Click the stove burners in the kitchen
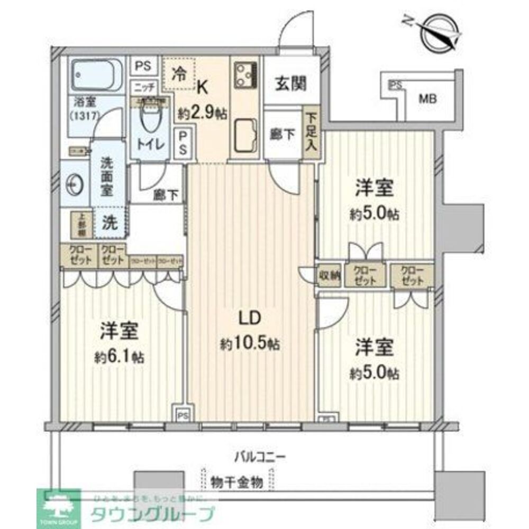tap(246, 75)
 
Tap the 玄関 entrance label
tap(290, 83)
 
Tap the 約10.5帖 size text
tap(249, 344)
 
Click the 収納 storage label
tap(329, 275)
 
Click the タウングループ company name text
tap(153, 513)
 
